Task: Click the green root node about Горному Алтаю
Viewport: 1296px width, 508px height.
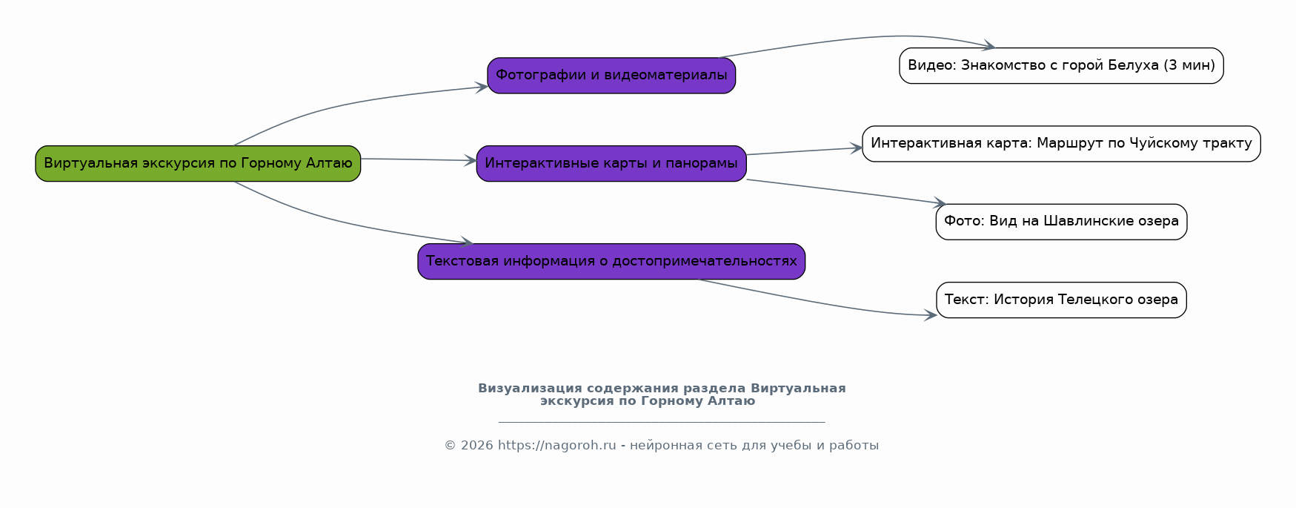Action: click(x=198, y=163)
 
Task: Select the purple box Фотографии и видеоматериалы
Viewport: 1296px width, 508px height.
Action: click(x=611, y=76)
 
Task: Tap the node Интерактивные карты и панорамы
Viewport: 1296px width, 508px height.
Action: click(x=611, y=163)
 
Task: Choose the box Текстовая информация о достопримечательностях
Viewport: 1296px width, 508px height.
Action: click(x=611, y=261)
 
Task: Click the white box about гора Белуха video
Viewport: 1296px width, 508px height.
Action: click(x=1061, y=66)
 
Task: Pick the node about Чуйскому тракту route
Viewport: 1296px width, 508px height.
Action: click(x=1061, y=144)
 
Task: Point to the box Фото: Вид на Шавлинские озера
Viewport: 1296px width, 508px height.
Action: click(x=1061, y=222)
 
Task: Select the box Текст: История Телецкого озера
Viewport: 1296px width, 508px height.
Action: click(x=1061, y=300)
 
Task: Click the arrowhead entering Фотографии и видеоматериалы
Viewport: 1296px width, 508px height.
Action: click(x=482, y=87)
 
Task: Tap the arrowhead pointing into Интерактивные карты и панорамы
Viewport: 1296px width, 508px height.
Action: click(x=471, y=160)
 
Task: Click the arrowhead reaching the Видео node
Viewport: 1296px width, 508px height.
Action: click(x=988, y=47)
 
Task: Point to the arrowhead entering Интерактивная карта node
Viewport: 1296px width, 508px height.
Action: click(x=857, y=148)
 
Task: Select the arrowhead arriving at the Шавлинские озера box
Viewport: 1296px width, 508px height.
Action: click(x=940, y=202)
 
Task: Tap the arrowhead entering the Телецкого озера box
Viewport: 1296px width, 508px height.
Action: click(x=931, y=315)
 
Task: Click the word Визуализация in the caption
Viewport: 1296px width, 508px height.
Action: click(x=530, y=389)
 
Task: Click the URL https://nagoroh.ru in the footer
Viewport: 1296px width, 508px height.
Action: click(x=556, y=446)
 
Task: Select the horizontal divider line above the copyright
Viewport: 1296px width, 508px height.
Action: click(x=662, y=422)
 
